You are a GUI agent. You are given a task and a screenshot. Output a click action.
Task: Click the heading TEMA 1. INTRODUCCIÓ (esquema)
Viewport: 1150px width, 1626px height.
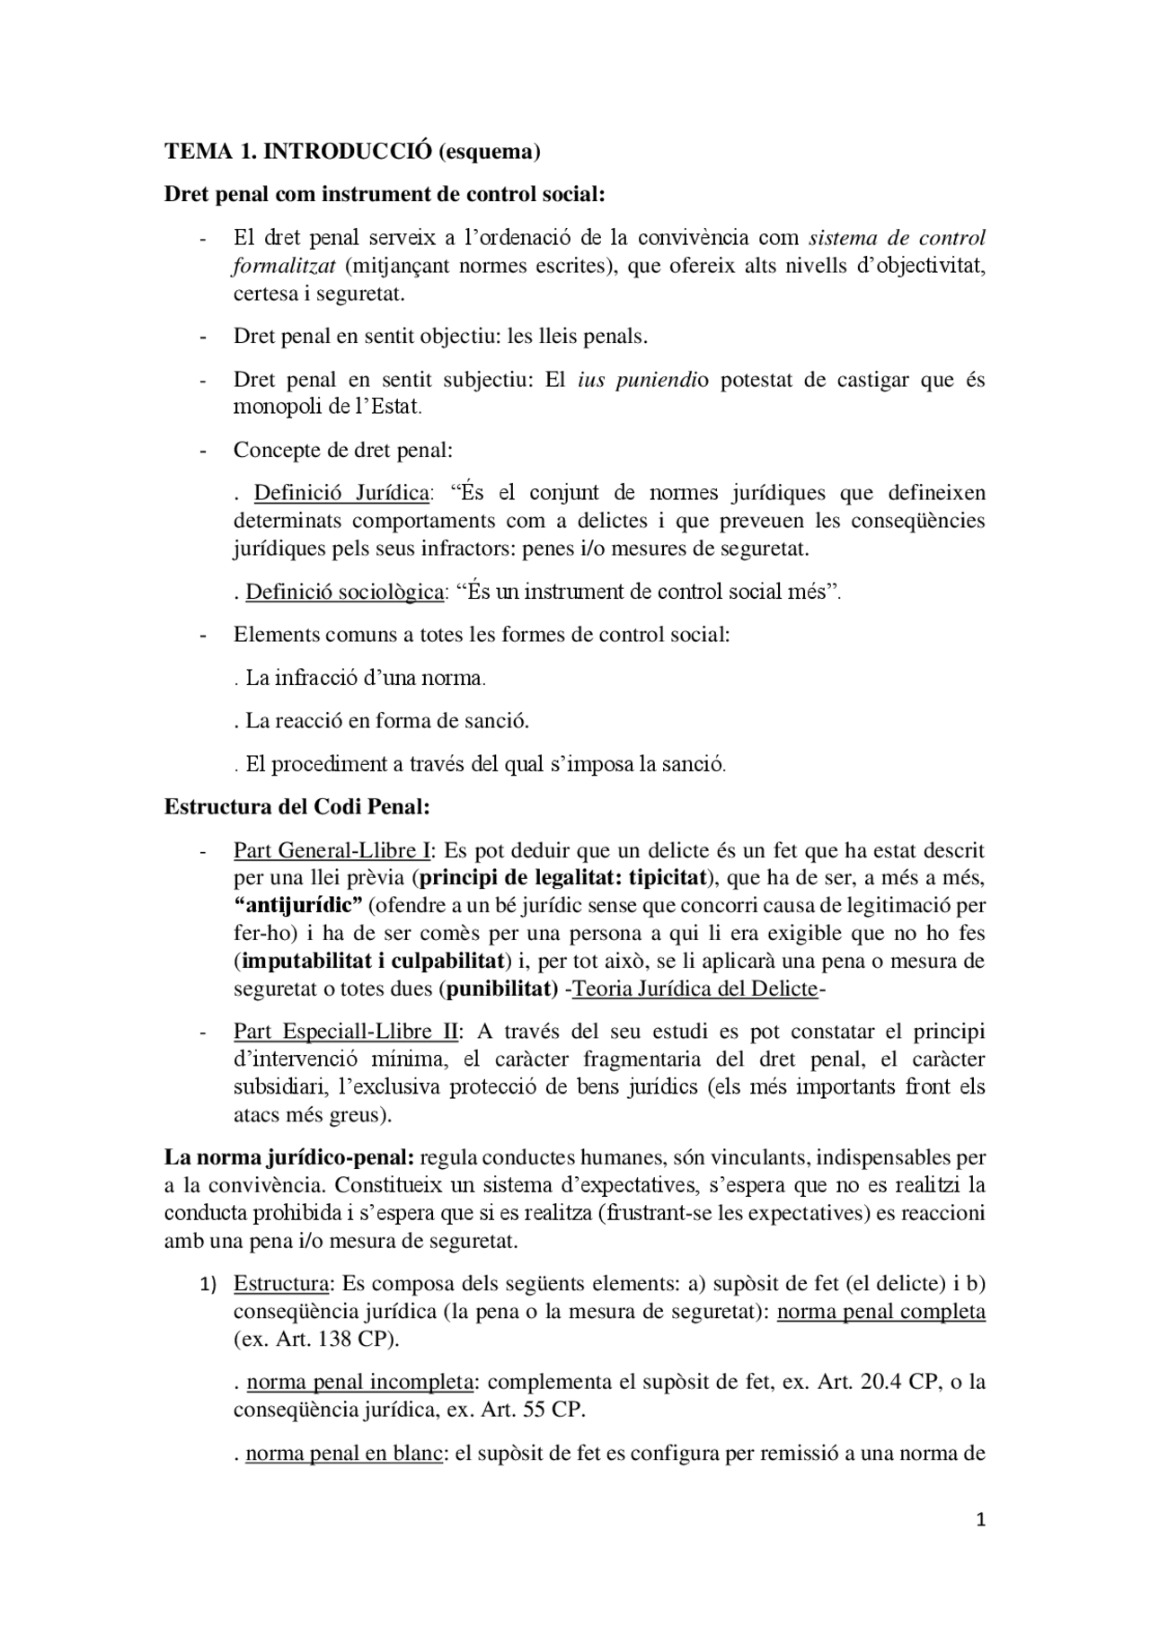tap(352, 152)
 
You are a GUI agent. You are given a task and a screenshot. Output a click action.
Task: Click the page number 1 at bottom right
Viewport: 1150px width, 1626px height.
tap(980, 1519)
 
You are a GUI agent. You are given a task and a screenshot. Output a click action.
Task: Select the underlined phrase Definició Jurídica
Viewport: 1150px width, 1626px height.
tap(341, 493)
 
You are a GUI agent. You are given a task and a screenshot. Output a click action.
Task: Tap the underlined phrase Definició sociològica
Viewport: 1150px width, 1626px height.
tap(345, 592)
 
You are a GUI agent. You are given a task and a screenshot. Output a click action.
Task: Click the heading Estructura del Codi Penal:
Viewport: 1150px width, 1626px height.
tap(297, 806)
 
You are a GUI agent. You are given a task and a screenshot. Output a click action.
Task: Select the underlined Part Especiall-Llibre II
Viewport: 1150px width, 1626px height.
tap(345, 1032)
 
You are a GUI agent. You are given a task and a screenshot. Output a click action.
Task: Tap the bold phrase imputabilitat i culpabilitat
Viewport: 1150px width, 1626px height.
tap(371, 961)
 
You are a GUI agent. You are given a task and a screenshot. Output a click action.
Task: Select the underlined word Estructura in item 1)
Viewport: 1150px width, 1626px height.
tap(282, 1284)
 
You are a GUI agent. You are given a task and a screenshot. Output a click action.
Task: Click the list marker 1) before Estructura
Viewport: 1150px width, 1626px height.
tap(208, 1285)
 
